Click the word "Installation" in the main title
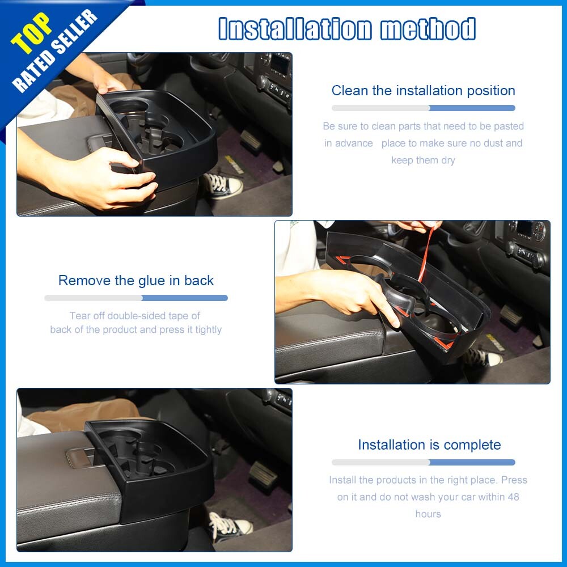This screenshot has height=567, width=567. point(295,28)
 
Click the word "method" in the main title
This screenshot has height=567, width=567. point(428,28)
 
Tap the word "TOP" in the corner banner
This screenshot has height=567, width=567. point(31,33)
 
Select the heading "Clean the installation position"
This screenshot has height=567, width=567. point(423,90)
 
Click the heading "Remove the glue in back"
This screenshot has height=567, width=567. point(136,280)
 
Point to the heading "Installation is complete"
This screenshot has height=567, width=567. point(429,445)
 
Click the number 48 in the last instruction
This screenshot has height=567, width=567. point(513,497)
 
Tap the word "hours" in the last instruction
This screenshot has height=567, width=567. point(428,514)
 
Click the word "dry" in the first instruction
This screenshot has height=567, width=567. point(448,160)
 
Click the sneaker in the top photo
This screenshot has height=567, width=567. point(222,185)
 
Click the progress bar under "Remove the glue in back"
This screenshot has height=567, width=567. point(136,298)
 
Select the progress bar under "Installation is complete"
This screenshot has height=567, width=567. point(424,462)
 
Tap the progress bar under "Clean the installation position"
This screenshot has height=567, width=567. point(424,108)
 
